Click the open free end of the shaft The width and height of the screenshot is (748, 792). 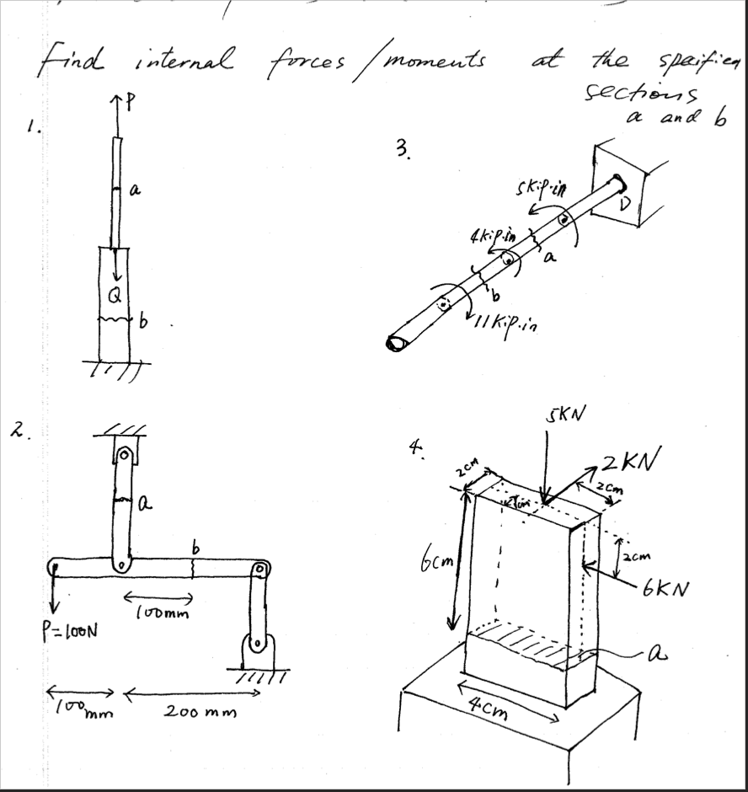pos(396,343)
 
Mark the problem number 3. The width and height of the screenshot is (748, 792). pos(403,151)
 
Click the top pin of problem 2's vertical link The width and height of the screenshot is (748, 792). pos(125,455)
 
